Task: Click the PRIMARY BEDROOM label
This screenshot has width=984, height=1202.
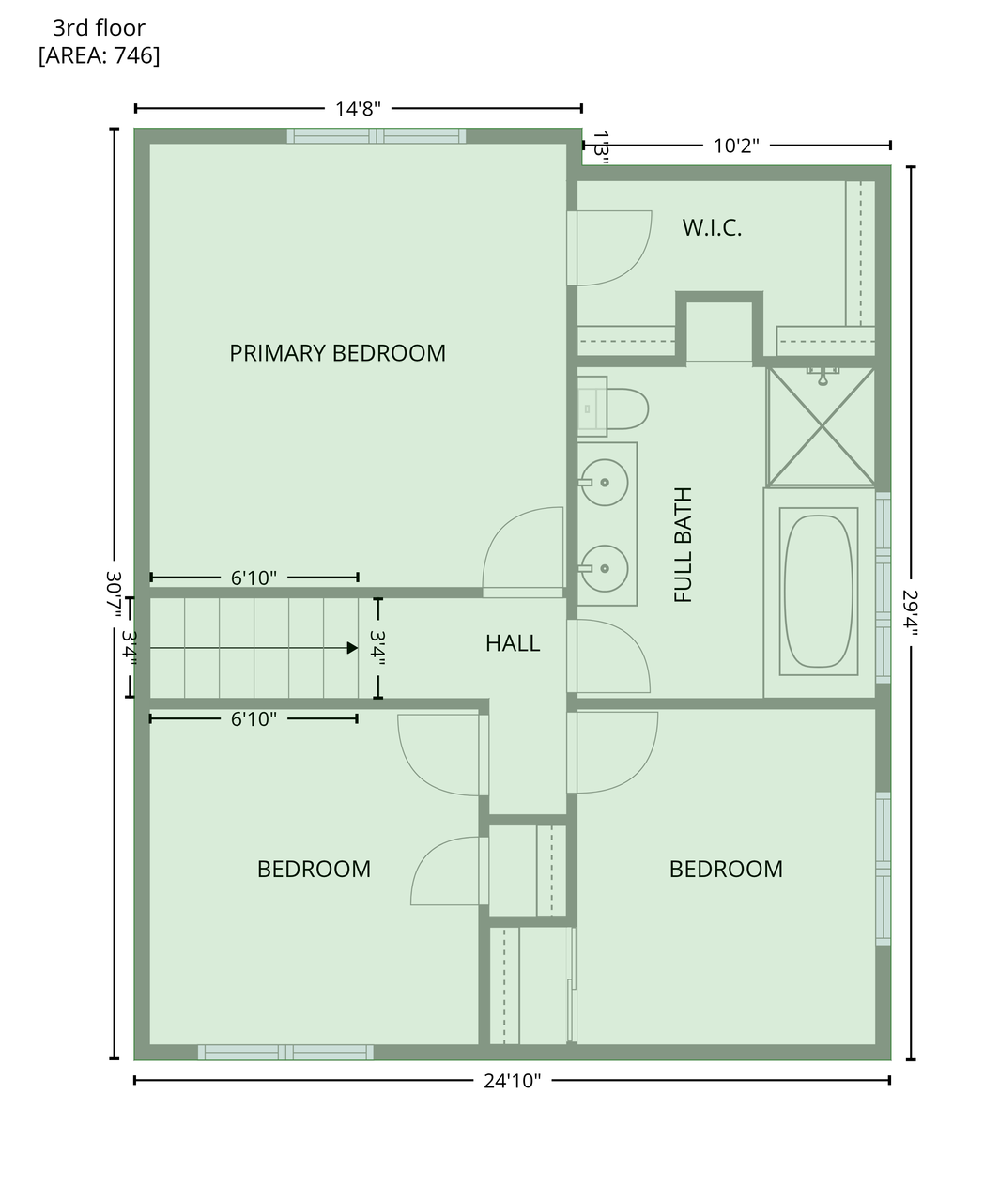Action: click(337, 353)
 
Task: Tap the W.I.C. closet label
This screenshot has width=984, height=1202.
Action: click(712, 228)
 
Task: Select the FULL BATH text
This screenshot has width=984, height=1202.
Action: click(683, 545)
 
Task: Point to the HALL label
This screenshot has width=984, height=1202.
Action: click(513, 643)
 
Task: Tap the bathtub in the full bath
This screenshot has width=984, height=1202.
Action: click(819, 591)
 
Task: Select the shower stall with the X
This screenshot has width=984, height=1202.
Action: click(821, 426)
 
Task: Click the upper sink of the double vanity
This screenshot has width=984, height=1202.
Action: click(605, 482)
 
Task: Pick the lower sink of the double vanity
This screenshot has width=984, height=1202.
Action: click(605, 568)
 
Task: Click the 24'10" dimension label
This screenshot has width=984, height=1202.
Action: click(512, 1081)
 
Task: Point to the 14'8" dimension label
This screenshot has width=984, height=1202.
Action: click(358, 109)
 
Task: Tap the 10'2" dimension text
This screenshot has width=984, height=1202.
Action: click(736, 146)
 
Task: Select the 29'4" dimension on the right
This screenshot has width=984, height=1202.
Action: click(910, 612)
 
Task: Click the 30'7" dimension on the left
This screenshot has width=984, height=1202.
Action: click(114, 594)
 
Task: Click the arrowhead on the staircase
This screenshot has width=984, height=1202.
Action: click(352, 648)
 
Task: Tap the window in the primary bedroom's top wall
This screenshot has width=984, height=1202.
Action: click(377, 135)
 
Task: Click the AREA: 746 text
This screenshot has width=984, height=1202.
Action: click(100, 55)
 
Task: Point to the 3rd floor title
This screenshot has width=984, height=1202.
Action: click(100, 27)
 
